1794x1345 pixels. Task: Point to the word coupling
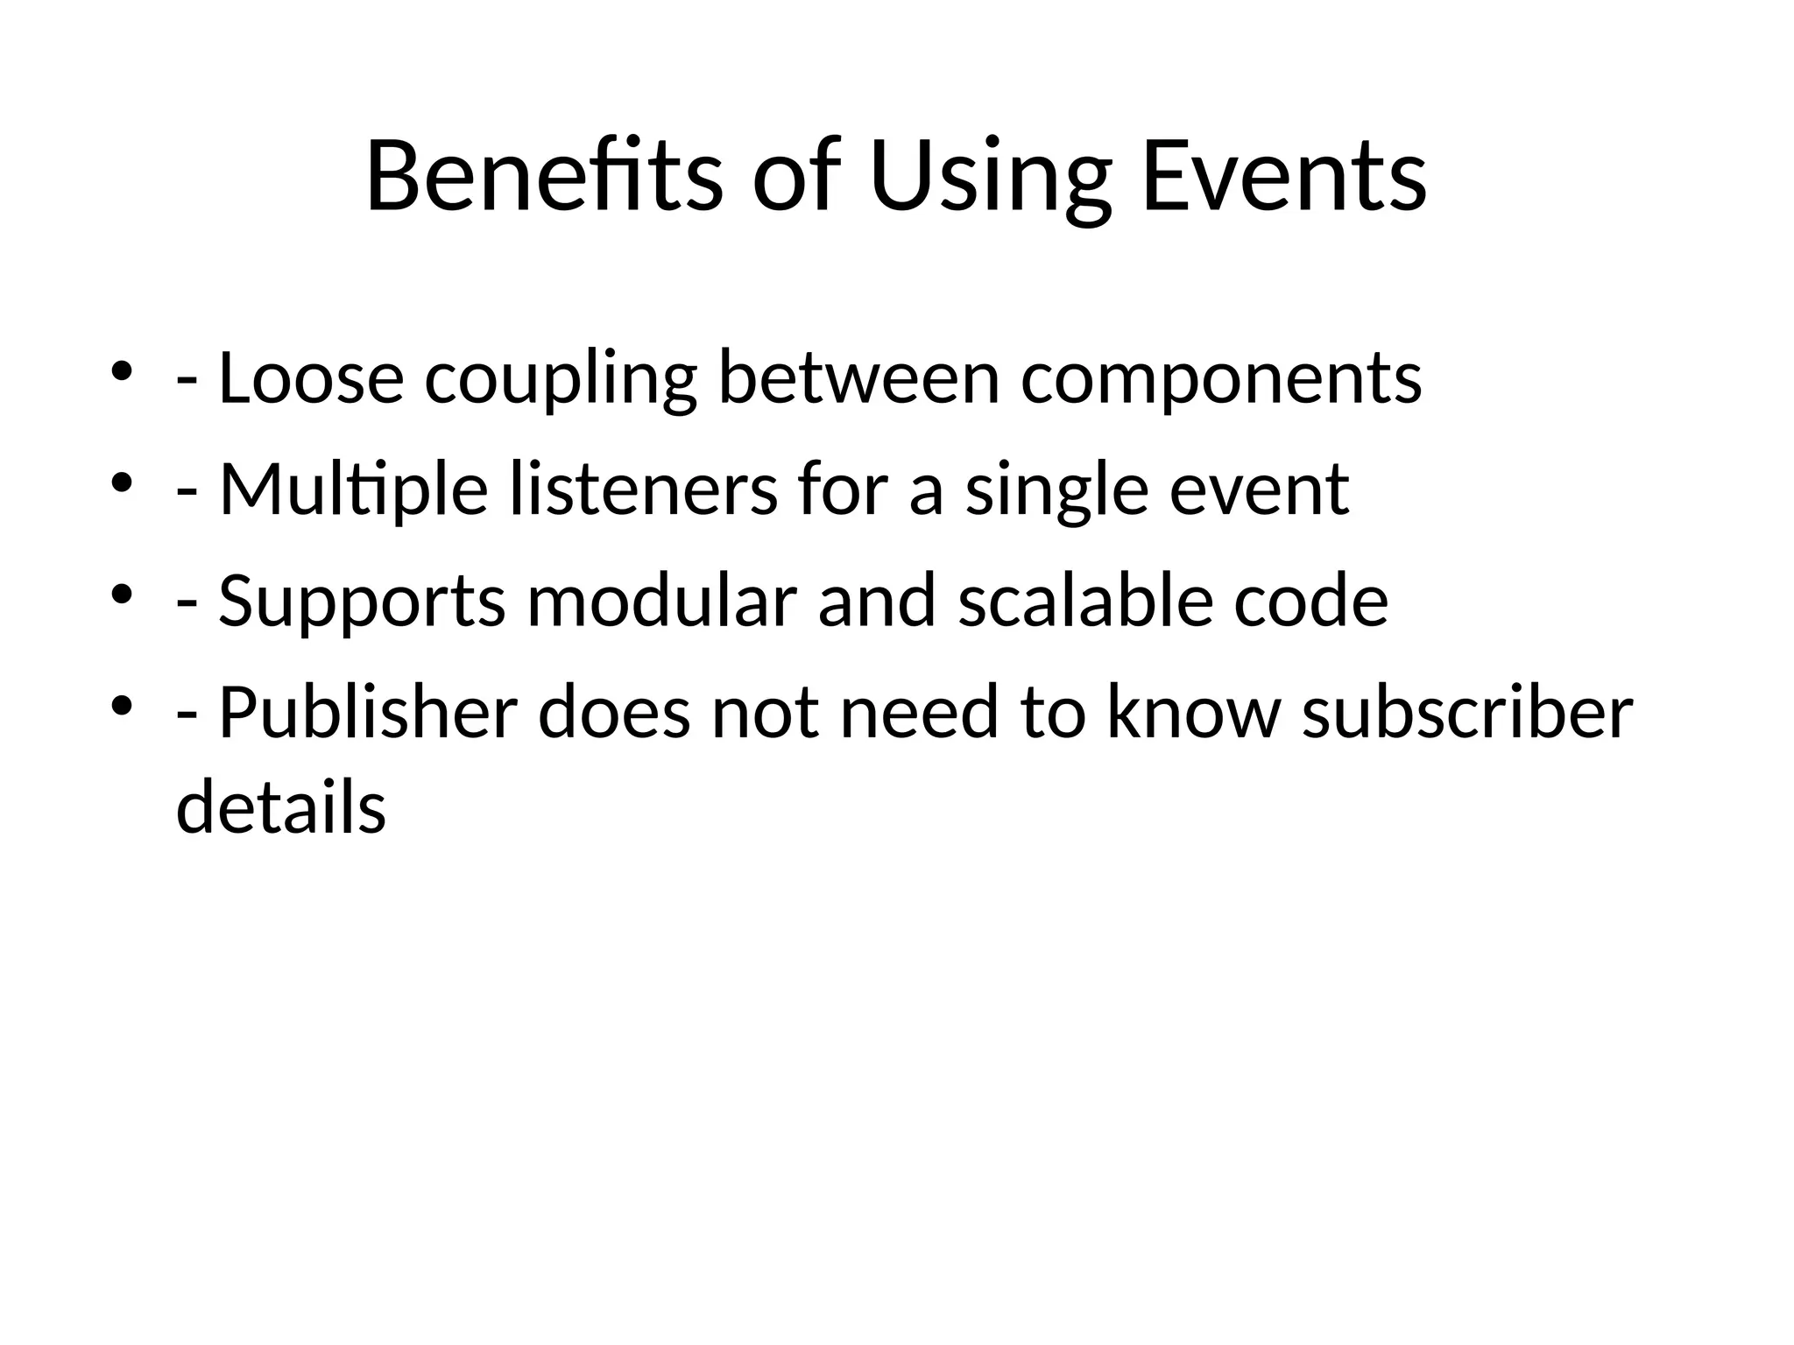click(x=561, y=379)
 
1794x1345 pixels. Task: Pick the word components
click(x=1221, y=379)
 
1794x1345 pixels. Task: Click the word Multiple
click(x=353, y=489)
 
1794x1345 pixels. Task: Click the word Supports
click(x=362, y=602)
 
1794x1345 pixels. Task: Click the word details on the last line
click(x=281, y=806)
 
